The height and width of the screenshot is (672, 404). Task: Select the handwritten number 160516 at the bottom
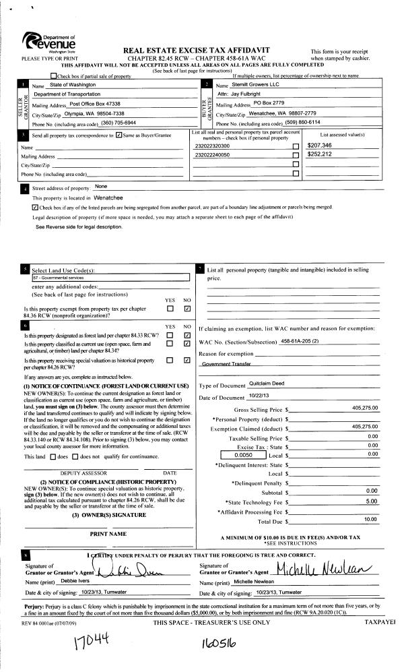pyautogui.click(x=222, y=646)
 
